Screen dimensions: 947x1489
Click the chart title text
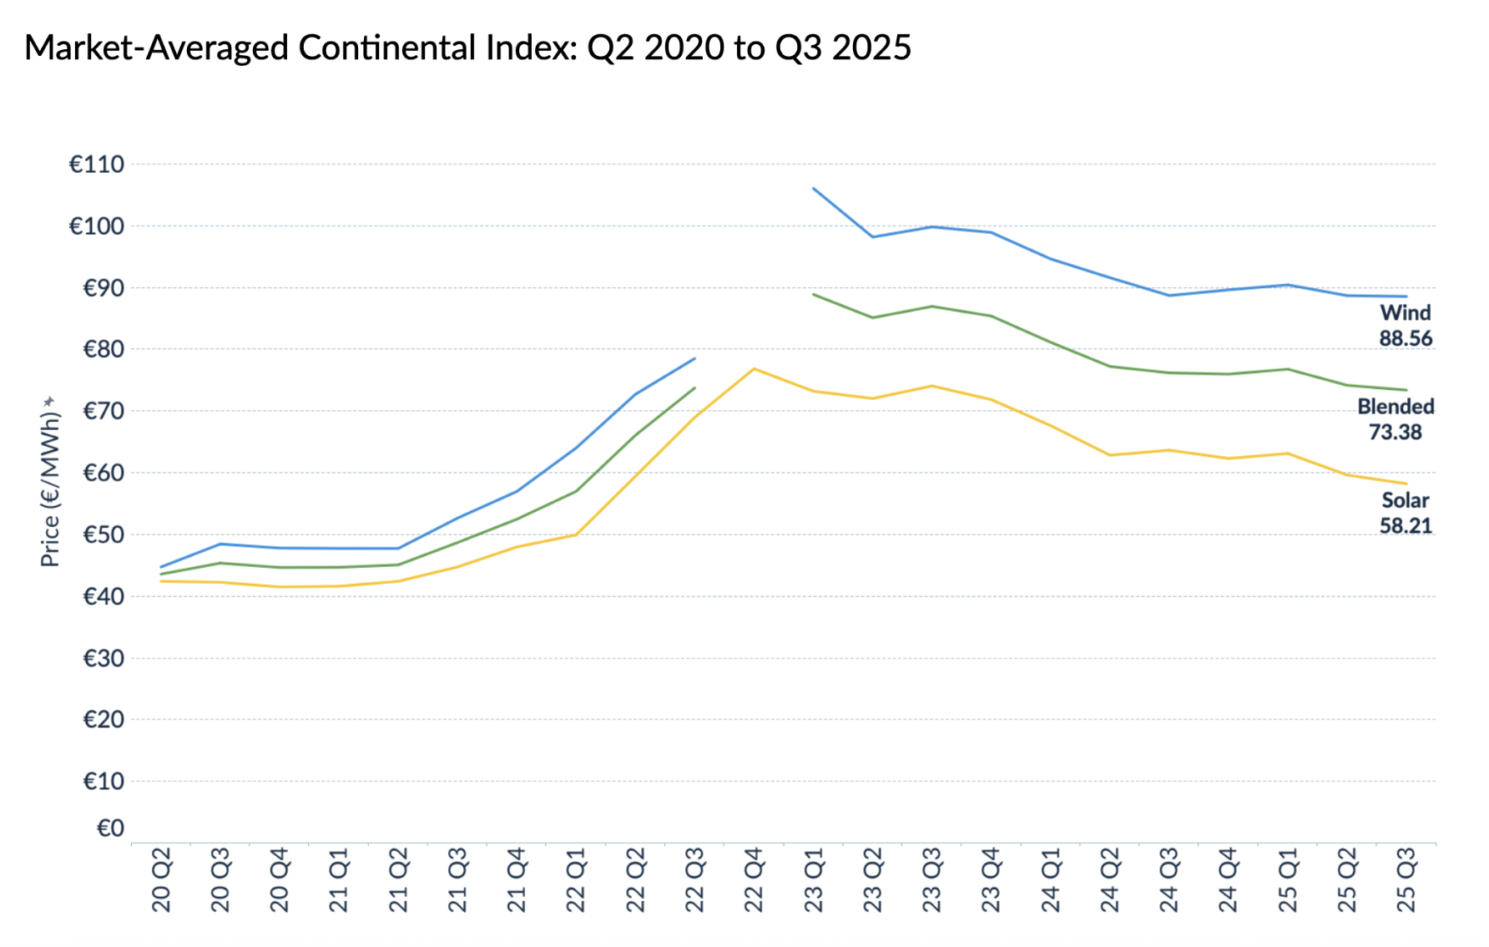pos(467,48)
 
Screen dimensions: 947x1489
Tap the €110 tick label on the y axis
pos(97,165)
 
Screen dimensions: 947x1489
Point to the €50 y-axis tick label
pos(103,534)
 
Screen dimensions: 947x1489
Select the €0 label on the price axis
pos(110,828)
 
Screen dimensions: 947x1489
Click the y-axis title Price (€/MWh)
pos(50,482)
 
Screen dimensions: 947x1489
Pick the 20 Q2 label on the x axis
pos(161,879)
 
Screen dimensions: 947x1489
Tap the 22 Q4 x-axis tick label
pos(754,879)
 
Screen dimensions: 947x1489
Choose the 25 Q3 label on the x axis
pos(1406,879)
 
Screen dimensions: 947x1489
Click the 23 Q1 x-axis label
pos(813,879)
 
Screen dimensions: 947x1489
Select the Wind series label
pos(1406,312)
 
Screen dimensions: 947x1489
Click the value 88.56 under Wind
pos(1406,338)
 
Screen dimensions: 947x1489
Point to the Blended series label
pos(1396,407)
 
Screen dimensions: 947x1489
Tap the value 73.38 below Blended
pos(1396,432)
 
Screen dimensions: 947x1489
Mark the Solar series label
pos(1406,500)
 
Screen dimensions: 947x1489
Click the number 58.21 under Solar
pos(1406,526)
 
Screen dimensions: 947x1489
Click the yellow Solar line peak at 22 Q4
pos(754,368)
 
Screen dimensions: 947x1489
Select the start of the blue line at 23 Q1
pos(814,189)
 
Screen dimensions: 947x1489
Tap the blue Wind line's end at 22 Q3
pos(694,358)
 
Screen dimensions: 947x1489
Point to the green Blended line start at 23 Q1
pos(814,294)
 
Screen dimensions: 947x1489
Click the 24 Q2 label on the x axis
pos(1109,879)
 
